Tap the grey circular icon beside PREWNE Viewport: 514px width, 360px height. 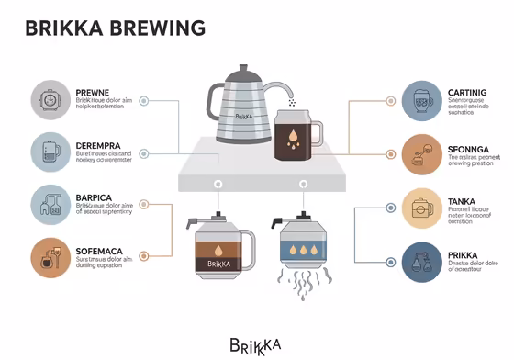pyautogui.click(x=49, y=100)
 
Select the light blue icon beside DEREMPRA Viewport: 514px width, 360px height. pyautogui.click(x=49, y=152)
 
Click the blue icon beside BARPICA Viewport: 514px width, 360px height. pyautogui.click(x=49, y=205)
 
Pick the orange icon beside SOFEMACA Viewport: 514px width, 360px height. pyautogui.click(x=49, y=257)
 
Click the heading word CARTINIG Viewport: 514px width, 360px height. pyautogui.click(x=472, y=93)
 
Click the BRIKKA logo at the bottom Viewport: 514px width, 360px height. pyautogui.click(x=256, y=344)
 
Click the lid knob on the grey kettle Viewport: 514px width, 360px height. pyautogui.click(x=243, y=68)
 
